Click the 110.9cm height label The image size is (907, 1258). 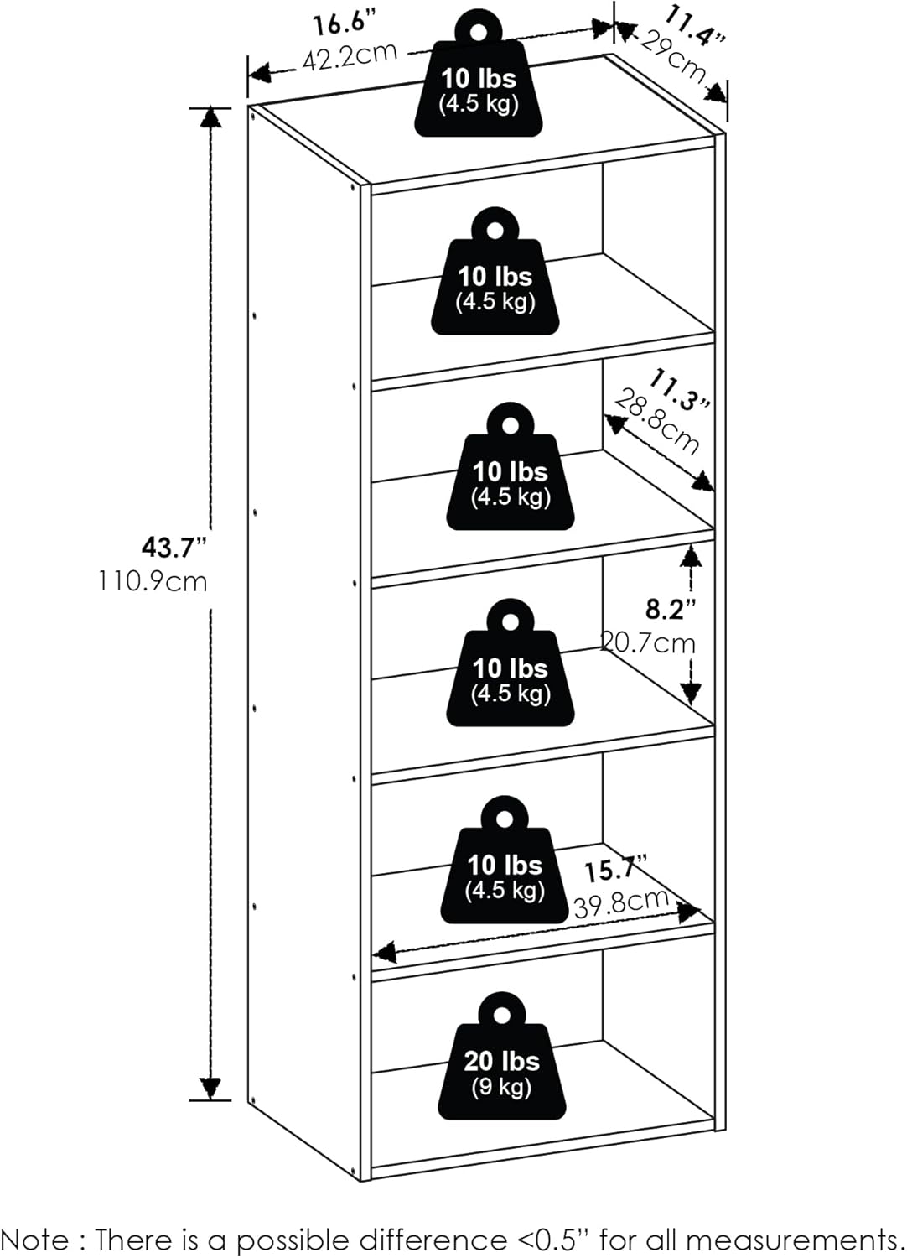click(153, 581)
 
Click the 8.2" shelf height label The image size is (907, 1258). click(671, 609)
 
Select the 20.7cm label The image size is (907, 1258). click(649, 643)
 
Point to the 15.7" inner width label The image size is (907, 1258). click(616, 869)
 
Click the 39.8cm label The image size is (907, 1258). click(621, 903)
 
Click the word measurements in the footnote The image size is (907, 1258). click(796, 1239)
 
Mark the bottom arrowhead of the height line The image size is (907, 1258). click(210, 1088)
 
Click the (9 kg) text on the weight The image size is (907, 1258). click(501, 1088)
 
